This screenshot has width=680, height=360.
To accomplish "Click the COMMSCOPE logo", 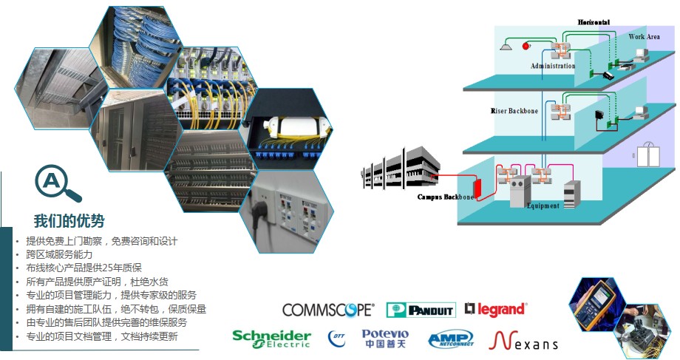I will tap(328, 310).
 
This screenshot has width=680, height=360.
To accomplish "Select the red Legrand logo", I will tap(496, 309).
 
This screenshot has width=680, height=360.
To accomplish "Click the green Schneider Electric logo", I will tap(272, 339).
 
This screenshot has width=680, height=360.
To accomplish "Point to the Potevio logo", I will tap(384, 339).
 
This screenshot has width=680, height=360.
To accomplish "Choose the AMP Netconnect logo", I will tap(450, 340).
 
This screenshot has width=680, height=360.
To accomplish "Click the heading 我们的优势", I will tap(69, 221).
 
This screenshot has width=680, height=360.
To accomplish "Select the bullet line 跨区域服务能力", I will tap(59, 254).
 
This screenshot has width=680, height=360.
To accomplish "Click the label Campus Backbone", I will tap(445, 197).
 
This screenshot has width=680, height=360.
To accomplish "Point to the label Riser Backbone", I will tap(514, 111).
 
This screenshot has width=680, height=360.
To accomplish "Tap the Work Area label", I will tap(644, 36).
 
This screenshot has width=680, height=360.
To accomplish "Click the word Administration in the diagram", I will tap(552, 66).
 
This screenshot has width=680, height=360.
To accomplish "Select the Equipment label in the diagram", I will tap(543, 206).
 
